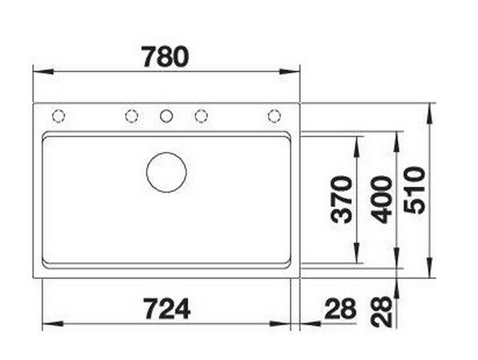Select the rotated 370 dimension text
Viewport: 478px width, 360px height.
pyautogui.click(x=341, y=200)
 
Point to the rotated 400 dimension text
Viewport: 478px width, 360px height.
pyautogui.click(x=381, y=200)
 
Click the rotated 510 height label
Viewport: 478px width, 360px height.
pyautogui.click(x=414, y=190)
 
